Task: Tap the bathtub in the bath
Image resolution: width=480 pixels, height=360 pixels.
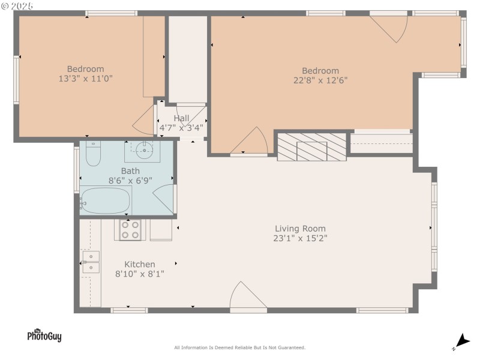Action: pos(106,200)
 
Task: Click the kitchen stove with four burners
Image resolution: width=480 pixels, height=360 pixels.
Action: pos(130,230)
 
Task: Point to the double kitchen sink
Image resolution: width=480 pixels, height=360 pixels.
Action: pos(91,262)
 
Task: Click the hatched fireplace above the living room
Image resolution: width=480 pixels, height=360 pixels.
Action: pos(311,146)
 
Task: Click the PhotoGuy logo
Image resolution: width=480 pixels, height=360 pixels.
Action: pos(44,335)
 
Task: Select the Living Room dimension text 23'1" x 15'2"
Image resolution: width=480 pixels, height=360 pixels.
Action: pos(300,238)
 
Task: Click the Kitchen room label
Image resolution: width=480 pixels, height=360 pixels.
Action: pos(139,264)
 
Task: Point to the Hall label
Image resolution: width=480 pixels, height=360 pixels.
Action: pos(181,118)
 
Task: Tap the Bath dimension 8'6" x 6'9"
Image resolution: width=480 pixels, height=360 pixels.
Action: pos(130,180)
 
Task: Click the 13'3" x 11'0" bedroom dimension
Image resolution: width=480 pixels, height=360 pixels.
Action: pos(85,78)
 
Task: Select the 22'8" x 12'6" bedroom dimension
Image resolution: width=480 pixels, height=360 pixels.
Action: pos(320,80)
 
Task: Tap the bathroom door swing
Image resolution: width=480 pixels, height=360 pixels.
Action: pos(164,199)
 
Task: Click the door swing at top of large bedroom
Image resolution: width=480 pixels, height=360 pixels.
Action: pos(390,26)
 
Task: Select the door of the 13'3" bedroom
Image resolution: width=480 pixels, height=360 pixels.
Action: pos(145,122)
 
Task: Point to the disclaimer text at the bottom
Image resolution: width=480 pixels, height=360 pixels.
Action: pos(239,347)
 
